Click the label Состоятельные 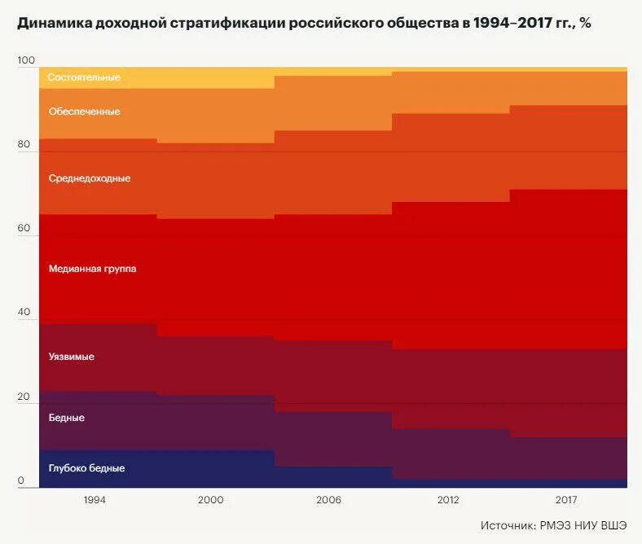coord(84,77)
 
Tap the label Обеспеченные coord(84,112)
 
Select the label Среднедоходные coord(90,178)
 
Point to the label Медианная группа coord(92,269)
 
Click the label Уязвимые coord(72,357)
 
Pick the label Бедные coord(67,418)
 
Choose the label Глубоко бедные coord(86,468)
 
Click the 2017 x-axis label coord(567,500)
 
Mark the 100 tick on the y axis coord(26,61)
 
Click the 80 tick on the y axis coord(24,145)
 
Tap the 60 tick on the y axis coord(24,229)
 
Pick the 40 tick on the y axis coord(24,313)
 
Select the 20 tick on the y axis coord(24,397)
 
